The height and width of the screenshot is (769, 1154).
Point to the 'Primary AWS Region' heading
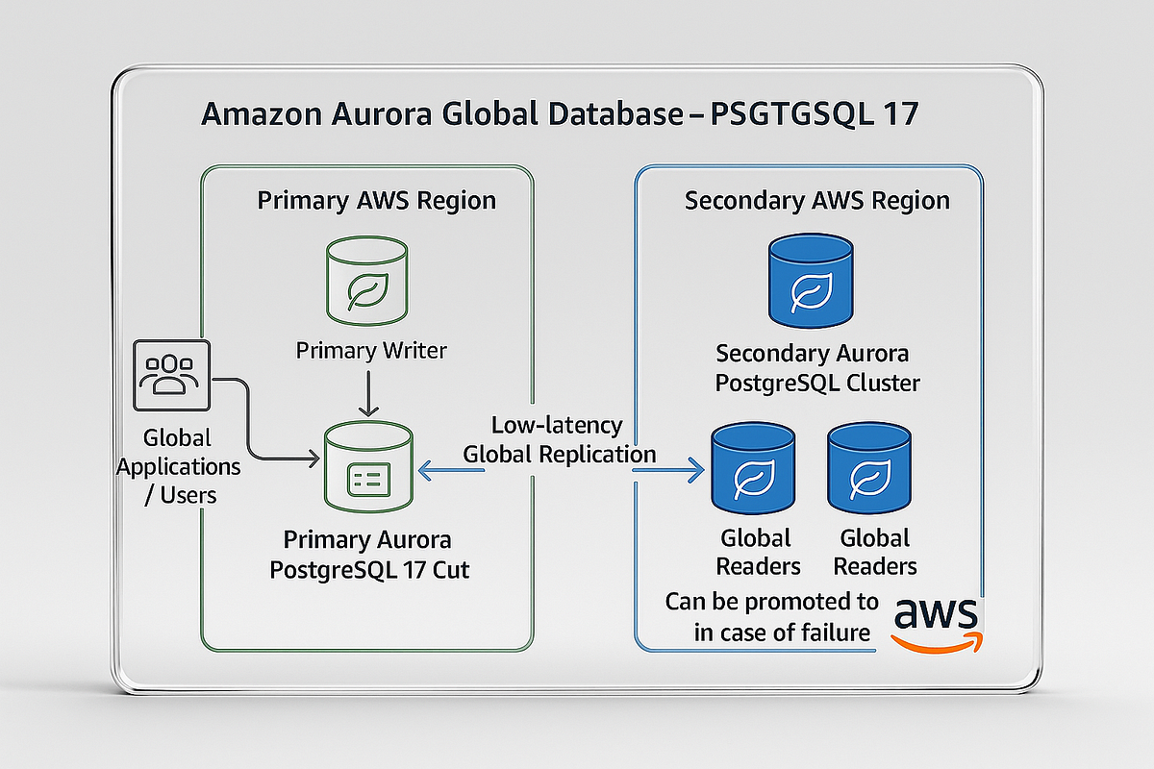376,201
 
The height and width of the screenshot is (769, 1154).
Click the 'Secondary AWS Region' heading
816,201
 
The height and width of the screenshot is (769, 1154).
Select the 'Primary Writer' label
371,350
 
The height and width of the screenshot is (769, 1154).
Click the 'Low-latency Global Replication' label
559,439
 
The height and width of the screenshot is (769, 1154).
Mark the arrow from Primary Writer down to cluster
366,394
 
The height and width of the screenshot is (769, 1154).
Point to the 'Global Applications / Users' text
177,467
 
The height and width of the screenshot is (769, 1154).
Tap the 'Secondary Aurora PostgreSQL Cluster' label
817,369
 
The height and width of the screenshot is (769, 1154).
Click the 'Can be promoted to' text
771,603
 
